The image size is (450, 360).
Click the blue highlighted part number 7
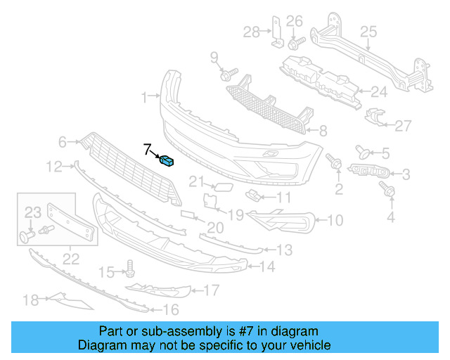coord(168,162)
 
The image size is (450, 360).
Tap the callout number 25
coord(368,31)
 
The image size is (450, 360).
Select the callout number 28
coord(251,31)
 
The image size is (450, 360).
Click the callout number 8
coord(323,130)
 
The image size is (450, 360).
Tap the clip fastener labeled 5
coord(364,150)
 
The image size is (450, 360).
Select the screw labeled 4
coord(385,188)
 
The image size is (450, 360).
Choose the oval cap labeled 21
coord(220,186)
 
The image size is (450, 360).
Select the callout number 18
coord(30,301)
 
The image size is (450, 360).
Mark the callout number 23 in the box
coord(34,212)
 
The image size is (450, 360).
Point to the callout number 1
coord(144,96)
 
